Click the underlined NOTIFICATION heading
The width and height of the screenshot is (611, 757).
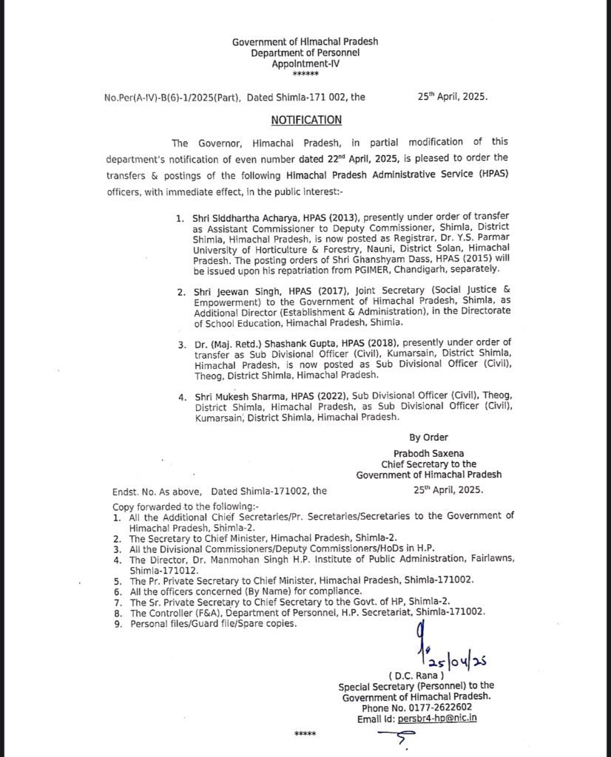305,120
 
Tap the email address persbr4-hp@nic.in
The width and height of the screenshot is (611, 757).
439,717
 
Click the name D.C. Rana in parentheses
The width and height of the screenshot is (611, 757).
416,676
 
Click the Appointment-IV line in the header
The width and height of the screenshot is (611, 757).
305,64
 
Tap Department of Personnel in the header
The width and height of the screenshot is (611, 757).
305,53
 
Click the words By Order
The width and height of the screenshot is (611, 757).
428,437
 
